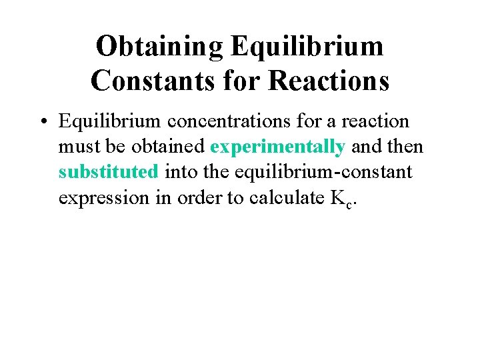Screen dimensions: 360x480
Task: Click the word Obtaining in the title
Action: click(x=160, y=47)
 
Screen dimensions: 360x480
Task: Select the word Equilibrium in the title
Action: click(x=307, y=47)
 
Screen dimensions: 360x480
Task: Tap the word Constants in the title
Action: click(x=153, y=81)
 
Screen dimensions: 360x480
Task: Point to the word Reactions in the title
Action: click(x=329, y=81)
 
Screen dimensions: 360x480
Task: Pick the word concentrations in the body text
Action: click(x=233, y=121)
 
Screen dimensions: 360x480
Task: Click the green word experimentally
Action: click(x=278, y=147)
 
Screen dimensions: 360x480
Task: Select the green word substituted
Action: click(x=109, y=172)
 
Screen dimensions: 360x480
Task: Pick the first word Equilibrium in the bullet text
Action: click(x=110, y=121)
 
